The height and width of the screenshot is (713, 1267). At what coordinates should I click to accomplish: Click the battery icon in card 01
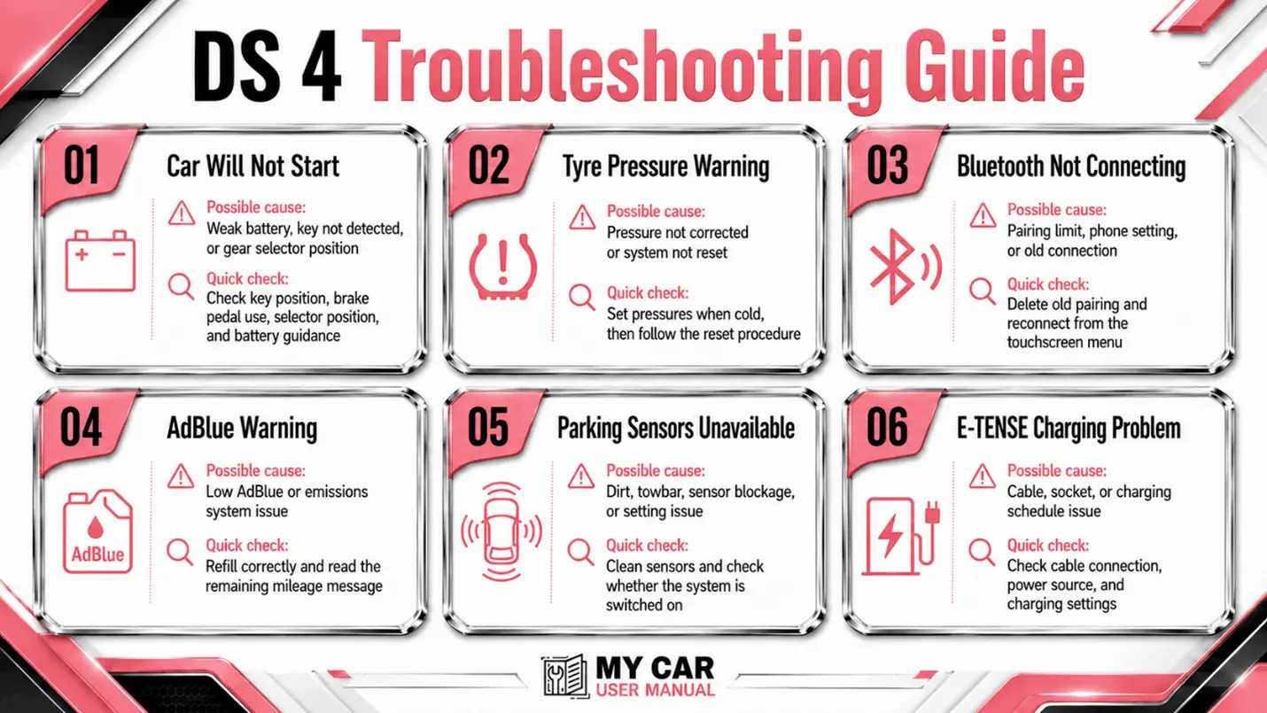[x=100, y=260]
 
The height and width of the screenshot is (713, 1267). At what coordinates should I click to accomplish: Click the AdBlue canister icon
[x=97, y=531]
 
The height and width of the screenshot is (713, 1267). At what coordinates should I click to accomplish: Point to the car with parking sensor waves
[x=501, y=531]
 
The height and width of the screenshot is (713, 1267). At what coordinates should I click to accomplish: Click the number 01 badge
[x=82, y=166]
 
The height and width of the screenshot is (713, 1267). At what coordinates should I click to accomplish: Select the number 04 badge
[x=82, y=428]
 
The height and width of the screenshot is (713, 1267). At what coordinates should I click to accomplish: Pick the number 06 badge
[x=888, y=428]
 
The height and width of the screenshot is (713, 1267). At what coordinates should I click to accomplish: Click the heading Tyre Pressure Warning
[x=665, y=167]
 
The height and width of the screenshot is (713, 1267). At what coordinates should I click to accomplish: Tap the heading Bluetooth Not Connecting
[x=1070, y=167]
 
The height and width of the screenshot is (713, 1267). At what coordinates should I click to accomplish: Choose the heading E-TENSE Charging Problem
[x=1069, y=429]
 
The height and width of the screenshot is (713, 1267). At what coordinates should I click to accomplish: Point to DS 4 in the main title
[x=267, y=66]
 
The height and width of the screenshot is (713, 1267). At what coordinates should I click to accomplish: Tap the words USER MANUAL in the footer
[x=655, y=690]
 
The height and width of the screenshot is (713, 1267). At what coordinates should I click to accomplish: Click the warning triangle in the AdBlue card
[x=181, y=477]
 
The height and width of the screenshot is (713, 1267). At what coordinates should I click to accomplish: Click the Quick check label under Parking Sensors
[x=647, y=546]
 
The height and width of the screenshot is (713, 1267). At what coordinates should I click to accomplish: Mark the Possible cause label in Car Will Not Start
[x=256, y=207]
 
